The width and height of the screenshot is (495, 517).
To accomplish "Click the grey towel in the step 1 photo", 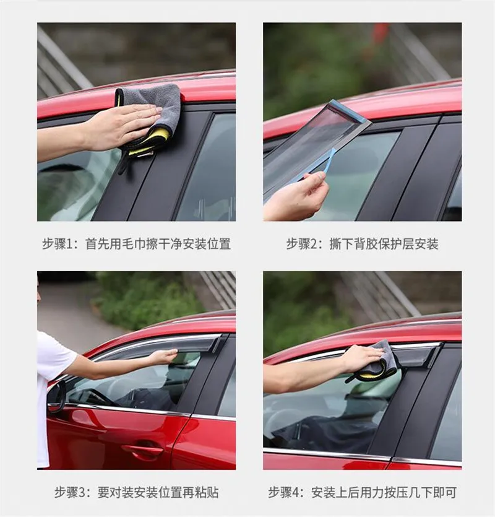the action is point(155,109).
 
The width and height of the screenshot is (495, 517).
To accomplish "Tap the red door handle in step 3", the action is point(142,449).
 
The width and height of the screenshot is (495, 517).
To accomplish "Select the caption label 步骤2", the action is point(301,245).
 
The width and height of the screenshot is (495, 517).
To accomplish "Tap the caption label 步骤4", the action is point(283,493).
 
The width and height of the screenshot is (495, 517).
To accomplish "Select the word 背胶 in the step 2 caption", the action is point(366,245).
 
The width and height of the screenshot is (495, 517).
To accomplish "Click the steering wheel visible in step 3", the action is point(99,396).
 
